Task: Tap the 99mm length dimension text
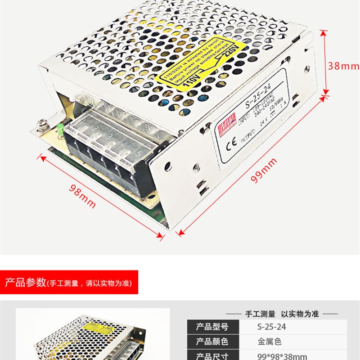[x=264, y=172]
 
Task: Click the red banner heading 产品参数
[x=25, y=283]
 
